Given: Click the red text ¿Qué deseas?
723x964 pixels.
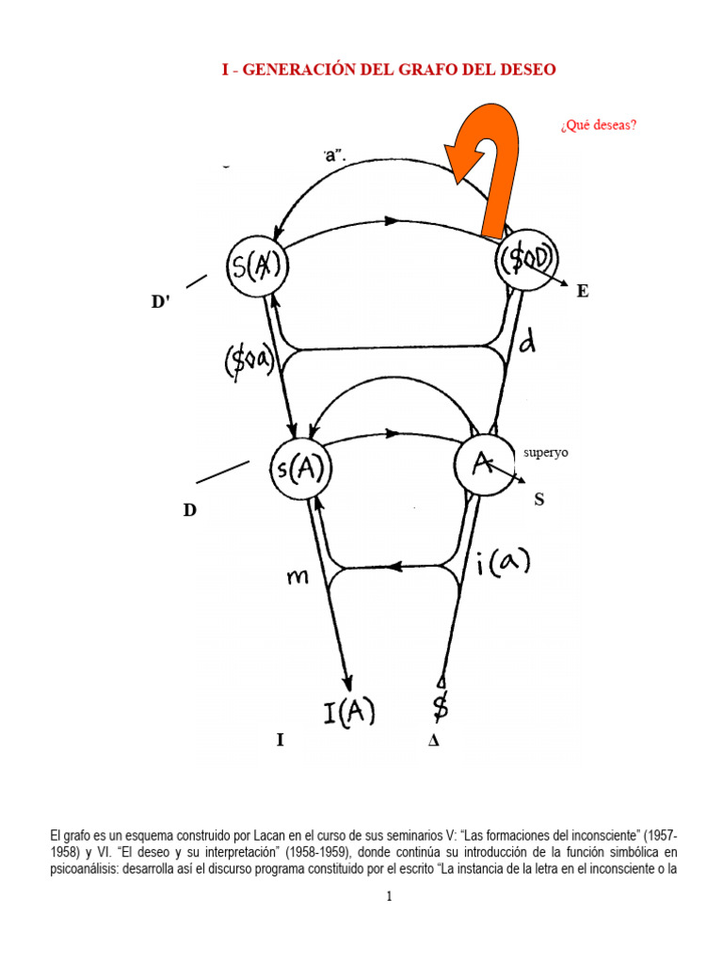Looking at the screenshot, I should (598, 124).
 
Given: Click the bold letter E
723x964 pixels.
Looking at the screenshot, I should (583, 292).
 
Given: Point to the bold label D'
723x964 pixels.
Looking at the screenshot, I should (166, 302).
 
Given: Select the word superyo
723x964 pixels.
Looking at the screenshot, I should (546, 453).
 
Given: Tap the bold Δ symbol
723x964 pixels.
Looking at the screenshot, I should (433, 741).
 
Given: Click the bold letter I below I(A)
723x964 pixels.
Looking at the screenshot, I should (280, 741).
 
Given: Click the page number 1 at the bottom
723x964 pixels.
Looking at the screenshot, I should (389, 897).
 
